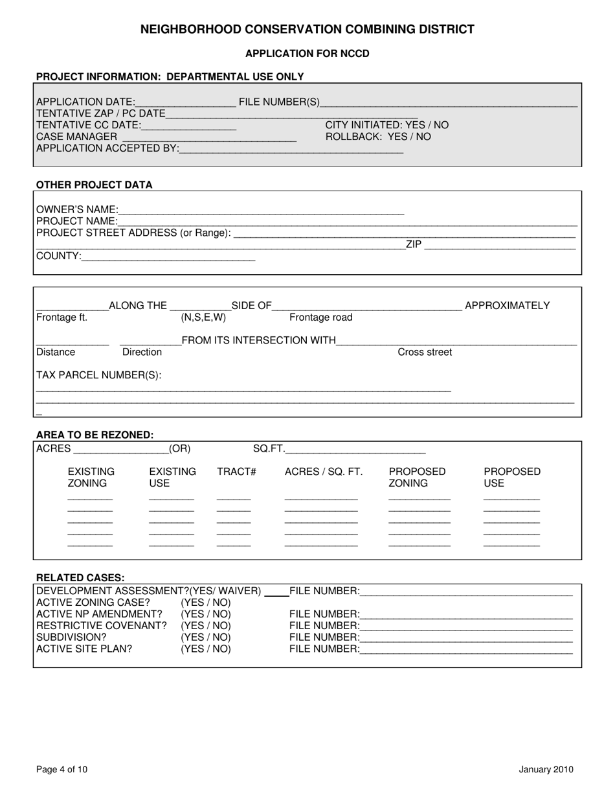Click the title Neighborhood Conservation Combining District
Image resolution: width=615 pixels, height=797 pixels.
coord(307,29)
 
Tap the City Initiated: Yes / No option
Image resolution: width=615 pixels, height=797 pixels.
coord(386,125)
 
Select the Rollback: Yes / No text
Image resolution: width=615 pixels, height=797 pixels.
coord(377,137)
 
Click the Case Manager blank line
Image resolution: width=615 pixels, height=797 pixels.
coord(208,138)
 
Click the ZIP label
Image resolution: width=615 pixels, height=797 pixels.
coord(414,244)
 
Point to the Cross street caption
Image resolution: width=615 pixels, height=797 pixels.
coord(425,352)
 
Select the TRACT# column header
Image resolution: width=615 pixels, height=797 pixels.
coord(236,472)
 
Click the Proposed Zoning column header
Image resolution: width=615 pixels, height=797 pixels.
coord(417,478)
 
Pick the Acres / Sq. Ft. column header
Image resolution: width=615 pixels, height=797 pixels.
coord(324,472)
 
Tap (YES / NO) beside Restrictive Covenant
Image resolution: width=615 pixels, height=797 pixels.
coord(205,626)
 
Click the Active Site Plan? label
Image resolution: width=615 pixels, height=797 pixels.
coord(84,649)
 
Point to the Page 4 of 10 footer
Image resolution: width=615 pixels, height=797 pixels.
coord(61,770)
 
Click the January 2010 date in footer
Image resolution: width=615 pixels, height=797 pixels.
coord(546,770)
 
